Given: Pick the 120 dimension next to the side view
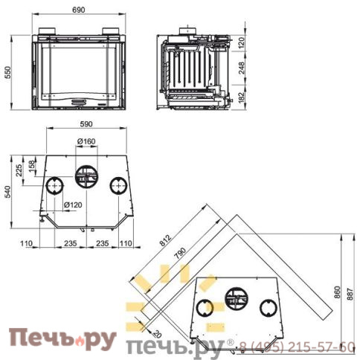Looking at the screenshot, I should click(242, 44).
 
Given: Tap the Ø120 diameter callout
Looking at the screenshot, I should click(74, 204).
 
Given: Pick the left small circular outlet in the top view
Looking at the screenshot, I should click(54, 185).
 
